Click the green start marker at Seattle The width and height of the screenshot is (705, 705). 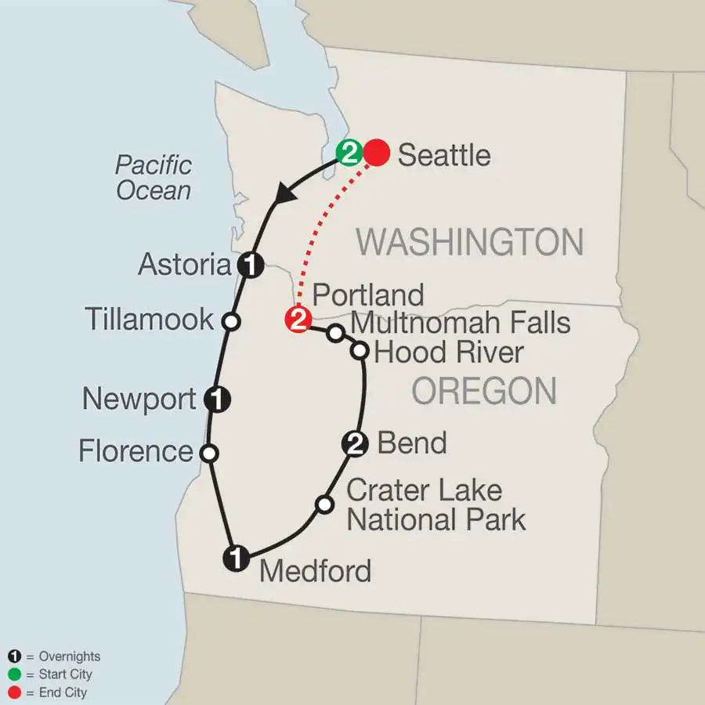click(x=349, y=154)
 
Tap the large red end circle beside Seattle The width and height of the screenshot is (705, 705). click(x=377, y=154)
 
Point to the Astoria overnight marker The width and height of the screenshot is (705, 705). click(x=249, y=266)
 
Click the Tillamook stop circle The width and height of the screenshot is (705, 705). click(x=231, y=320)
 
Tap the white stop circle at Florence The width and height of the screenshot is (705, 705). click(x=209, y=452)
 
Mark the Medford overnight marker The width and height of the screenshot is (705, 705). click(x=237, y=559)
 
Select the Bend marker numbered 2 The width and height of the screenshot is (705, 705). click(x=355, y=445)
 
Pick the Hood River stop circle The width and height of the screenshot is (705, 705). click(x=360, y=351)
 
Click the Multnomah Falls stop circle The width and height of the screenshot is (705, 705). click(x=335, y=334)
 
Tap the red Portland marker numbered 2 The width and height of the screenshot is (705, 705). click(x=299, y=320)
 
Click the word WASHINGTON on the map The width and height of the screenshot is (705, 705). click(x=470, y=242)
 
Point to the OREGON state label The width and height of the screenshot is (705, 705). click(x=484, y=389)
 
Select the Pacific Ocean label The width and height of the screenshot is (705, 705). click(x=154, y=177)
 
